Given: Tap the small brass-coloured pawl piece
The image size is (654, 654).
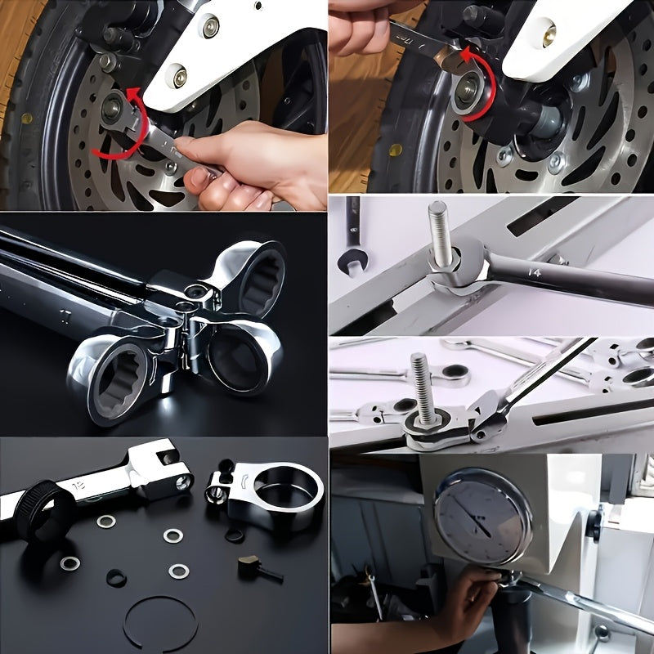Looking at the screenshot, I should (249, 564).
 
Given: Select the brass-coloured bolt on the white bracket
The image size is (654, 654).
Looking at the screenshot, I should (549, 33).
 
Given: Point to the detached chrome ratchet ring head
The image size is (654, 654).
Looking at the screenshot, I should (270, 495).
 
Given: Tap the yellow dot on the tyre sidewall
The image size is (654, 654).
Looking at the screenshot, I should (396, 150).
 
